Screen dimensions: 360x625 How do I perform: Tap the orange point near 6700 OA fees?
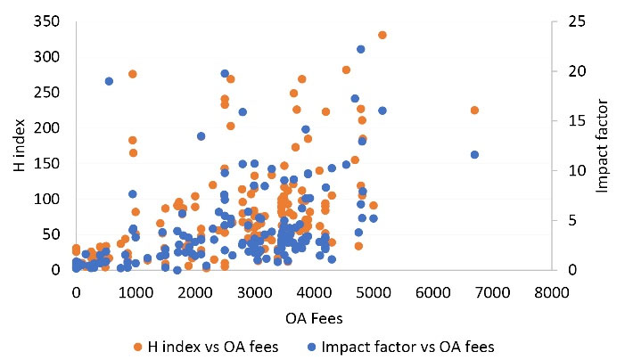coord(474,110)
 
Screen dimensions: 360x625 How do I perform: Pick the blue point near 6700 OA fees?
coord(474,154)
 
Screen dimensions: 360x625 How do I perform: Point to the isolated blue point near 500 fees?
coord(109,81)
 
